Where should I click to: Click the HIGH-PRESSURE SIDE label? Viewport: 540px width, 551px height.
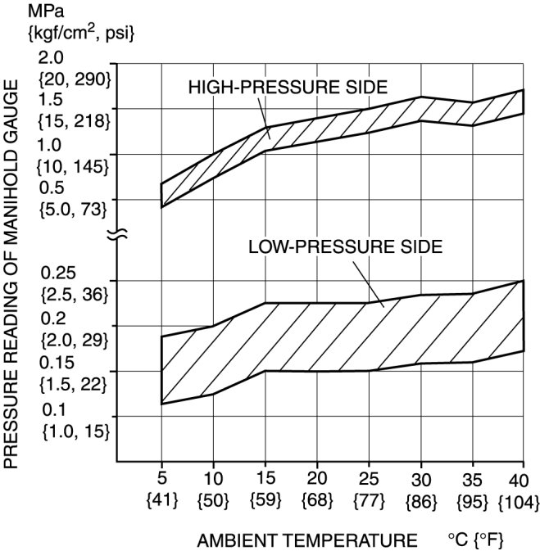[x=287, y=86]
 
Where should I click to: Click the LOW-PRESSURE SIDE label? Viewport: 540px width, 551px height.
[x=344, y=246]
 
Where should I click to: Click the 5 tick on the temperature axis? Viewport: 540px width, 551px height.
[x=161, y=477]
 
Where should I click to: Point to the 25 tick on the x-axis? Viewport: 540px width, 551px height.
[x=370, y=477]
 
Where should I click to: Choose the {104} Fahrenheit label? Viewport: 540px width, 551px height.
[x=522, y=498]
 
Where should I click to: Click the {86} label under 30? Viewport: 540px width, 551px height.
[x=421, y=498]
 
